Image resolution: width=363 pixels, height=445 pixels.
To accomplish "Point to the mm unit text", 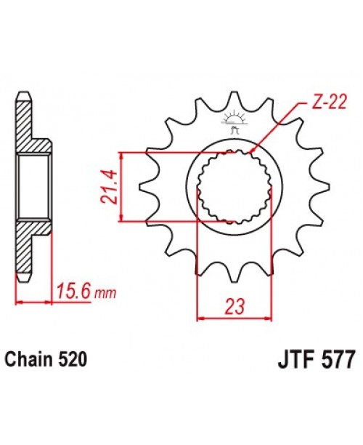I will (106, 294).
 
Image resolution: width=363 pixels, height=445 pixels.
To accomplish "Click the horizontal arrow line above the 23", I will (234, 318).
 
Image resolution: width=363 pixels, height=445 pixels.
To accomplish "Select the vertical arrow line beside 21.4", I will (123, 186).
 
